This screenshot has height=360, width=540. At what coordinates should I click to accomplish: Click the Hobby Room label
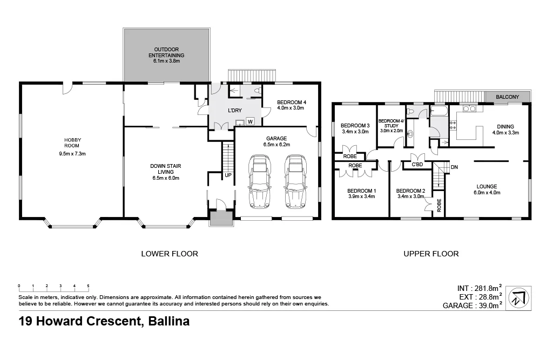point(72,142)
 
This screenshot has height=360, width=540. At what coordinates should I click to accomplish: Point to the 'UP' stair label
point(228,175)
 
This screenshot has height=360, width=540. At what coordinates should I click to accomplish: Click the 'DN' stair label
point(454,167)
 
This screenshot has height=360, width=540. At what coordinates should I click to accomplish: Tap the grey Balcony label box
point(507,97)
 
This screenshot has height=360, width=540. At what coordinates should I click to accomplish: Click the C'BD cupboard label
point(416,165)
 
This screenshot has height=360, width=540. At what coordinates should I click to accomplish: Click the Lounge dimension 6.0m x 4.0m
point(487,193)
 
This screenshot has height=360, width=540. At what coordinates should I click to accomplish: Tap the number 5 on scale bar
point(88,286)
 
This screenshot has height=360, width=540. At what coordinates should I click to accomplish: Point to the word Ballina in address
point(167,322)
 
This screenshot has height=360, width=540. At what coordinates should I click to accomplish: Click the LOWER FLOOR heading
point(169,253)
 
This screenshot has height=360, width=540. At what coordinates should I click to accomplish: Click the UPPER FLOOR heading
point(431,253)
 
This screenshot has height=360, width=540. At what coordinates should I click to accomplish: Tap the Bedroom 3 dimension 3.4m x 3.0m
point(355,131)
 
